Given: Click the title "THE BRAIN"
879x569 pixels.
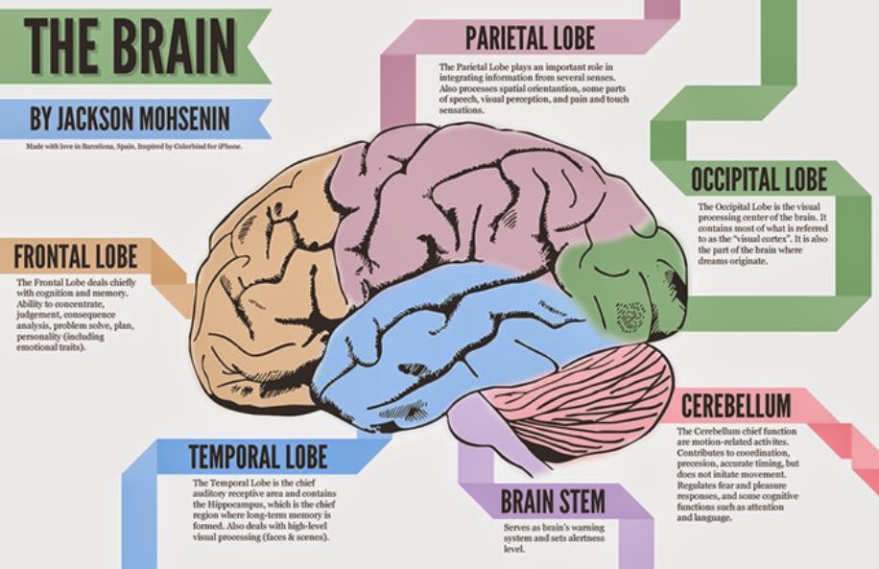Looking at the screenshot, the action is [129, 45].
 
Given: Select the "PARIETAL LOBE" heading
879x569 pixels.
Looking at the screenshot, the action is [530, 38].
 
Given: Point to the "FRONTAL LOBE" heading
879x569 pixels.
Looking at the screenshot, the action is [76, 257].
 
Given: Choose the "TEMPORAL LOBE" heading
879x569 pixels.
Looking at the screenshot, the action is [257, 455].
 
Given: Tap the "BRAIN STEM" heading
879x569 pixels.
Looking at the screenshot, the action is [553, 501].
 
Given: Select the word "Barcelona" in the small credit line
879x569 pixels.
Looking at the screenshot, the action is [102, 147].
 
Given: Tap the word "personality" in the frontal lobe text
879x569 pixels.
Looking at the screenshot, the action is [44, 337].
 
